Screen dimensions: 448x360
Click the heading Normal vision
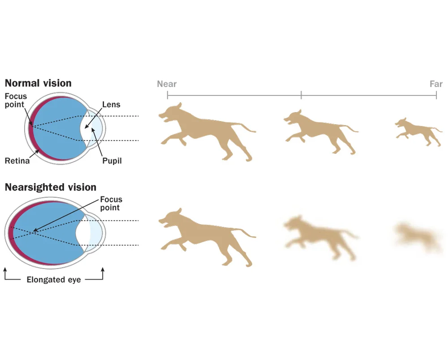38,83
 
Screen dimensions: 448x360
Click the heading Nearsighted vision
50,187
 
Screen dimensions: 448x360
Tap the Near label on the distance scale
167,84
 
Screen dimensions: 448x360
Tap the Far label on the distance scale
436,84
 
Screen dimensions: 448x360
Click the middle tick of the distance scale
301,95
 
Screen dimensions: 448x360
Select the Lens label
111,104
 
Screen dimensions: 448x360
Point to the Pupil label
112,160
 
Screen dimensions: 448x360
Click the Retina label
17,160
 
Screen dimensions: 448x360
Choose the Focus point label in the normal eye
16,100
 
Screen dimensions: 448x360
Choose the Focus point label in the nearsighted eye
110,204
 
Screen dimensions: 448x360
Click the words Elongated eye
54,280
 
